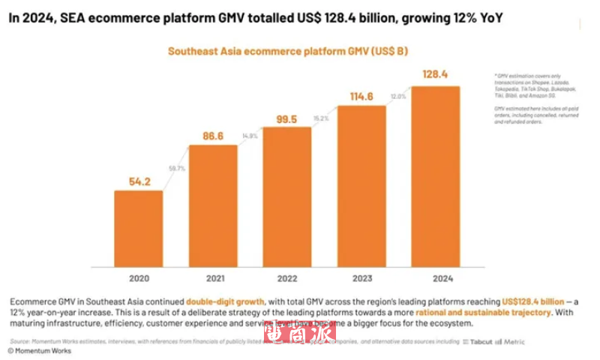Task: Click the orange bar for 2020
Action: pos(139,228)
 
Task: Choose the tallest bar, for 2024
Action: pos(436,175)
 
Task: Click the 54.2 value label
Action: pos(139,181)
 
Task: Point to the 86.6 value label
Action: pos(213,136)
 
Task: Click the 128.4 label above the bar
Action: pos(436,75)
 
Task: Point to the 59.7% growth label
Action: pos(175,169)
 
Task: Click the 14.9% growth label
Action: pos(250,136)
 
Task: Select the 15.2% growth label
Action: pos(322,118)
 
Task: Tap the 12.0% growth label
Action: pos(398,96)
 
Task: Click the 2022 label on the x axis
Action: pos(287,278)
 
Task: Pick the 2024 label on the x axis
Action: pos(436,278)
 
